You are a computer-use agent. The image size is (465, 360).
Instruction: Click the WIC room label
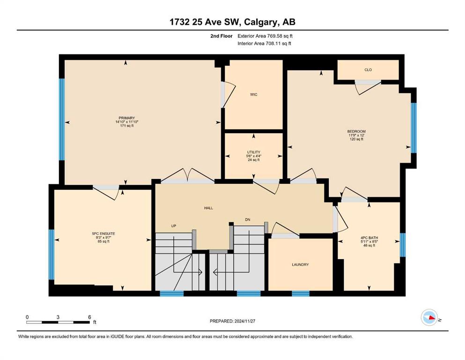tap(253, 95)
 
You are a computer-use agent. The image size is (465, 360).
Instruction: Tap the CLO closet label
tap(368, 70)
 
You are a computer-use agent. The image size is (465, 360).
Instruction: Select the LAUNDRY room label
tap(301, 264)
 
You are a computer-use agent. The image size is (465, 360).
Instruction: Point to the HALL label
tap(208, 208)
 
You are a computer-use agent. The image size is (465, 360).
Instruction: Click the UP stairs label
tap(174, 226)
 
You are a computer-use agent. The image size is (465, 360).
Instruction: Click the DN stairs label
tap(248, 220)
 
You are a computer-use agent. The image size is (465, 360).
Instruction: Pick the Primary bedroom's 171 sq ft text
tap(127, 126)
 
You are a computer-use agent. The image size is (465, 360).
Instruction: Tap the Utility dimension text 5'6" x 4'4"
tap(253, 156)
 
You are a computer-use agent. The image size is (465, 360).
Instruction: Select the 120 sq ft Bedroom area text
tap(356, 139)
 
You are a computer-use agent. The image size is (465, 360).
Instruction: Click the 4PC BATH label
tap(369, 238)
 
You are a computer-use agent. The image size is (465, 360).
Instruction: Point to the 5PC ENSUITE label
tap(103, 233)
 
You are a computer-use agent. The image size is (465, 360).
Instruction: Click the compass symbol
tap(429, 317)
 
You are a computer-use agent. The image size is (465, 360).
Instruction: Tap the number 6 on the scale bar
tap(89, 317)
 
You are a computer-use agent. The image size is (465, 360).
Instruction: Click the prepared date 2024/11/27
tap(244, 321)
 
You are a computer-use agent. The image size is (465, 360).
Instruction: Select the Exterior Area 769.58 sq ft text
tap(265, 36)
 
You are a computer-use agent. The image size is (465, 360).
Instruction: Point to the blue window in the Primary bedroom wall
tap(62, 120)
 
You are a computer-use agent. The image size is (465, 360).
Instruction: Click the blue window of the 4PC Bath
tap(402, 245)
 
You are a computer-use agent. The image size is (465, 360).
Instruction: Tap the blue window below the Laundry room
tap(301, 293)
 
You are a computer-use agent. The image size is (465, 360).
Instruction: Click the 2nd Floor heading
tap(221, 36)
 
